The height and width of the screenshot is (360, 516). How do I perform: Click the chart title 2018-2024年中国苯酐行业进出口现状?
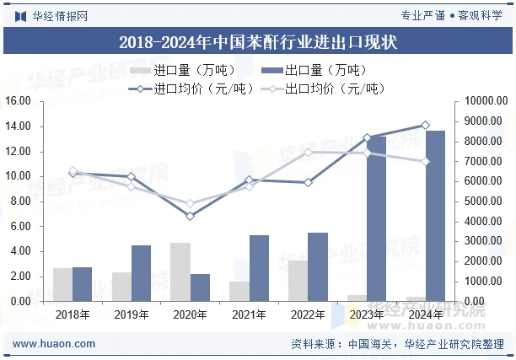(258, 41)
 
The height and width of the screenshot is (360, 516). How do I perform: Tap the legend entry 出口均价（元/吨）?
(321, 88)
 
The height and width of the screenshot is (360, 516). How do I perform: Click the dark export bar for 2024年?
(435, 215)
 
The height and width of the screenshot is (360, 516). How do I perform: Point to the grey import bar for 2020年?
(180, 271)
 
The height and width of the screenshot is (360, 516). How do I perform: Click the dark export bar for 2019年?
(142, 272)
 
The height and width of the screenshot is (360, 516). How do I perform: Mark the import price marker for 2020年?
(191, 216)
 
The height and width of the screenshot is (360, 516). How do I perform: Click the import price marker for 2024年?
(425, 125)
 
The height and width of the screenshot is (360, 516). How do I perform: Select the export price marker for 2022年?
(308, 153)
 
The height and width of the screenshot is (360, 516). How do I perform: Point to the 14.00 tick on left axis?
(18, 126)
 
